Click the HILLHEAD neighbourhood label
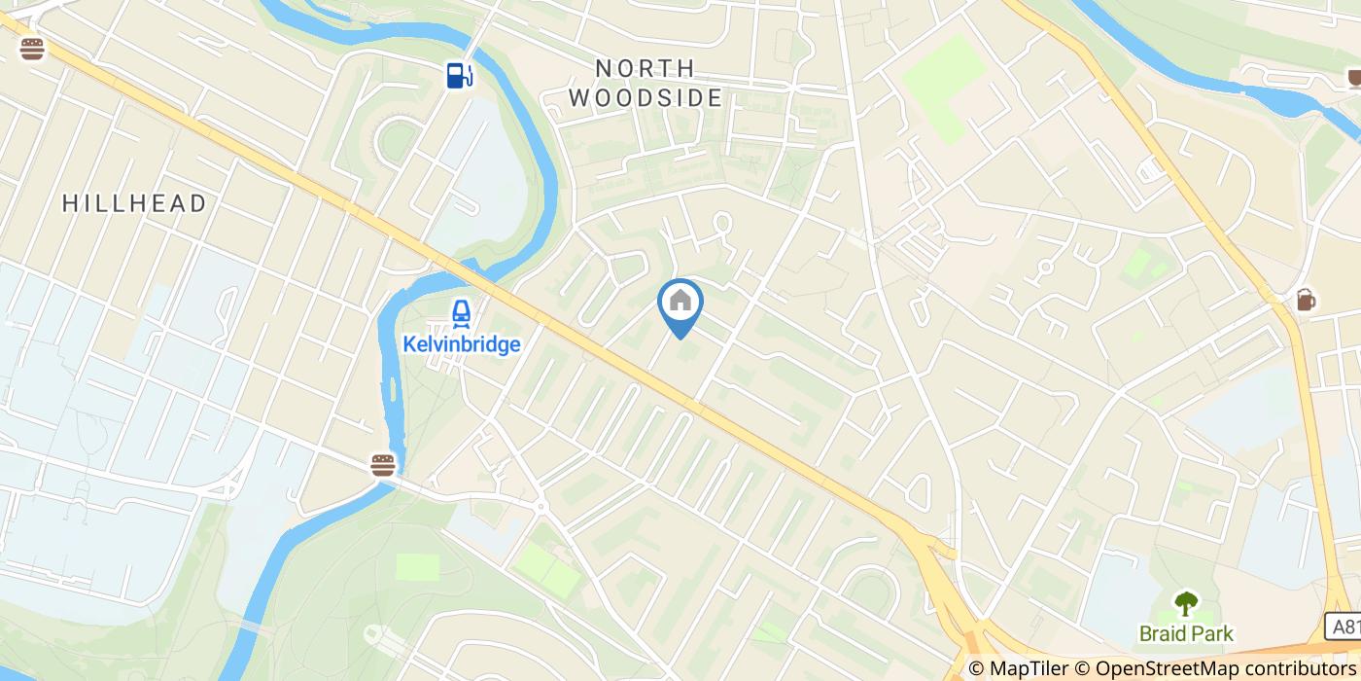(135, 203)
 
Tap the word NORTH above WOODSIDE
(646, 68)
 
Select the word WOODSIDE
(646, 98)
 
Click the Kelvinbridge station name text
(462, 344)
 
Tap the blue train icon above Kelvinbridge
(461, 313)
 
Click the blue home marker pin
(680, 304)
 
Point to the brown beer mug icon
(1305, 300)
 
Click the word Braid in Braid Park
(1162, 634)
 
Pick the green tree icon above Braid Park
(1185, 603)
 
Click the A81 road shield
(1344, 626)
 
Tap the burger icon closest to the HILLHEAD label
(32, 49)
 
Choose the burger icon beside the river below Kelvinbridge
(383, 465)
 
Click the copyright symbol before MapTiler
(976, 668)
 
